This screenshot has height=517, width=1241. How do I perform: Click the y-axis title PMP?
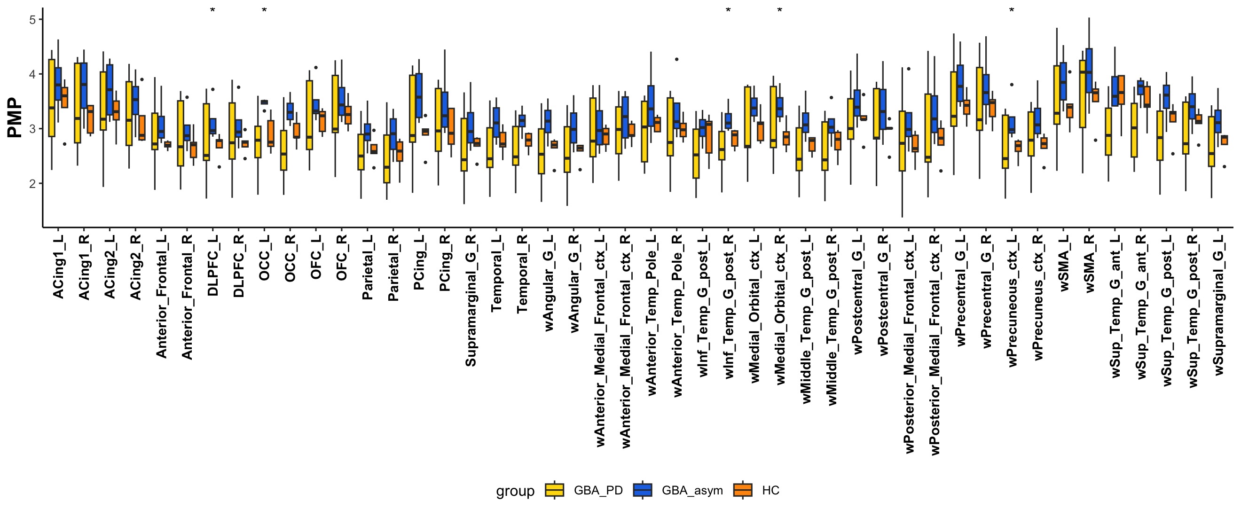tap(15, 118)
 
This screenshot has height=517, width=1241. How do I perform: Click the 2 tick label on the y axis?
tap(32, 184)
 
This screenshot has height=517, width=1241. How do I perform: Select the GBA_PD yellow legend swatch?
tap(554, 490)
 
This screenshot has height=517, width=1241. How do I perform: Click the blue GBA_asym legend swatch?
tap(642, 490)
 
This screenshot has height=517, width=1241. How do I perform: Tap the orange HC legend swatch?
tap(742, 490)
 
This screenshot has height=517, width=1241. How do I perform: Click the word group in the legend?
tap(515, 491)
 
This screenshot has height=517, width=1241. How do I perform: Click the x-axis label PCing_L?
tap(419, 263)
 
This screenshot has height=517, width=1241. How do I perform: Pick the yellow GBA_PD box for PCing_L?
tap(412, 109)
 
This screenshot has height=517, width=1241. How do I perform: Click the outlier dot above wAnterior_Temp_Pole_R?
tap(676, 59)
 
